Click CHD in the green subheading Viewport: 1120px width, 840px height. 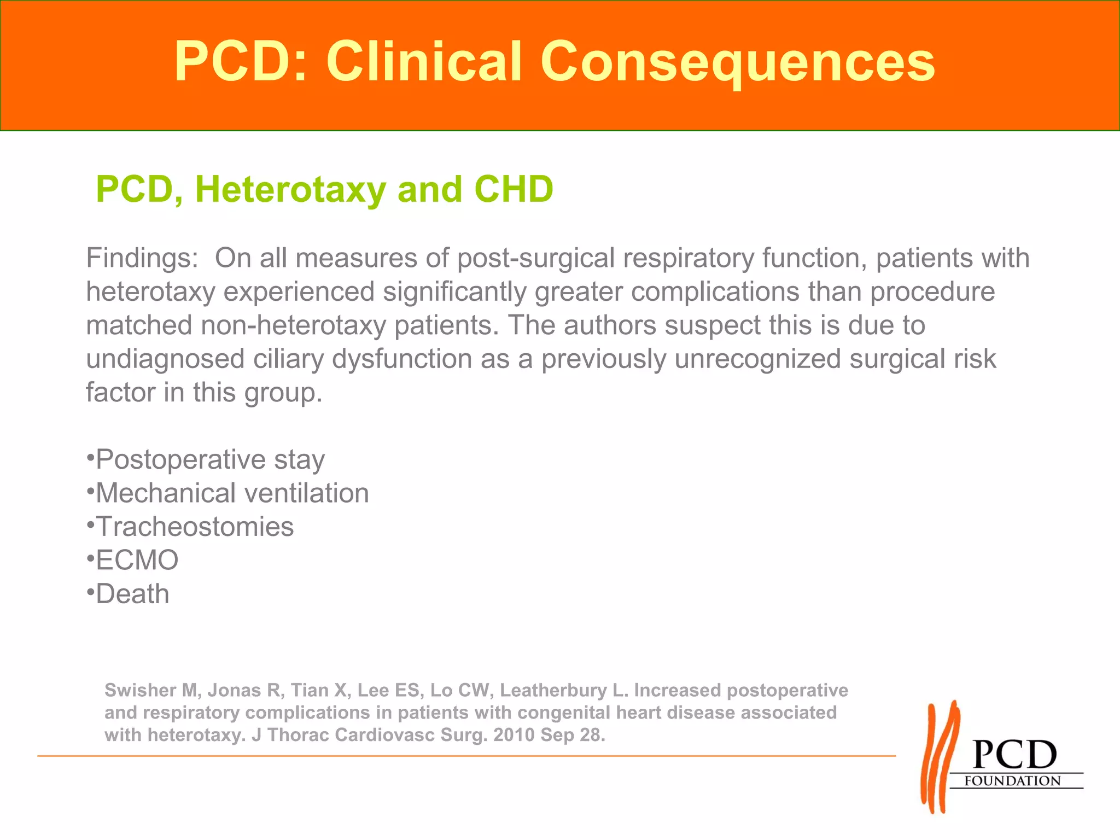coord(514,190)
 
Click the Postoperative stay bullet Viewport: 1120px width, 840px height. coord(210,459)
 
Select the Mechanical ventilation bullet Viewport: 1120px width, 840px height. coord(232,493)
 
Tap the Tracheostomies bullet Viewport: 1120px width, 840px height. coord(195,527)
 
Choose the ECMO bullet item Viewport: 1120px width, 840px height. coord(137,561)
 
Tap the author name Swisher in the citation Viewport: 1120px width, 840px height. coord(142,690)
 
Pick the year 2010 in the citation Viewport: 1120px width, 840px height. coord(514,735)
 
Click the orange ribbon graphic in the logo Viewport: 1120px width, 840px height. coord(940,757)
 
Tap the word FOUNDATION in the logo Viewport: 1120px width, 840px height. coord(1012,781)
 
